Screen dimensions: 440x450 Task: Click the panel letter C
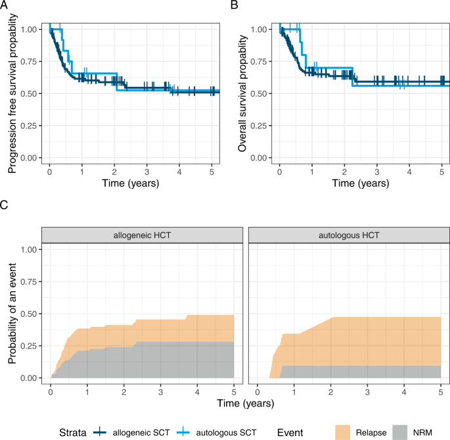(5, 204)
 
